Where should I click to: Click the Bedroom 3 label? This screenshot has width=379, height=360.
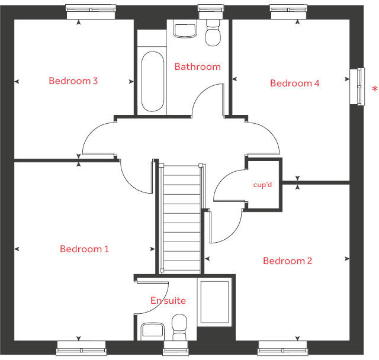[x=73, y=81]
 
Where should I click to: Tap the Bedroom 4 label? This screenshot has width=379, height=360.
[x=295, y=83]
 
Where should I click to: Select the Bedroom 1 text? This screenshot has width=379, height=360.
[x=84, y=249]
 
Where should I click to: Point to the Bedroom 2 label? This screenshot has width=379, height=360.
[x=288, y=261]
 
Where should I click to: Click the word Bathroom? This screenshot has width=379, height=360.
[x=198, y=67]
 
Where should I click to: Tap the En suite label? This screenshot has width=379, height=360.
[x=168, y=301]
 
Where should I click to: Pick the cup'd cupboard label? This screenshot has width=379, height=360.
[x=262, y=185]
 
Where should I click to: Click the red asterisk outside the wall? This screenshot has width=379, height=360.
[x=375, y=89]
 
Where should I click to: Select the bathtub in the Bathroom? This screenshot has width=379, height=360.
[x=153, y=82]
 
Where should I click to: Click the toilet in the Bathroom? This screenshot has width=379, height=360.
[x=213, y=33]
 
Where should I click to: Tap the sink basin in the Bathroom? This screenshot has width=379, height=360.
[x=185, y=30]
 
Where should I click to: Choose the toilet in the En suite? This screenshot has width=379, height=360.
[x=179, y=327]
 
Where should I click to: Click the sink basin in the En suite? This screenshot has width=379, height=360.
[x=153, y=330]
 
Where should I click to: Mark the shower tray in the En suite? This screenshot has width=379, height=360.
[x=214, y=302]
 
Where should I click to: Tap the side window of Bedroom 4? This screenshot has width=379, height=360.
[x=357, y=86]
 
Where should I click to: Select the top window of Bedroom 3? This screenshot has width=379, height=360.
[x=91, y=12]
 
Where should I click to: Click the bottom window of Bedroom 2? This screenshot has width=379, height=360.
[x=282, y=348]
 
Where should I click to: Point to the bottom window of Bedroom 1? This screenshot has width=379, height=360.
[x=81, y=348]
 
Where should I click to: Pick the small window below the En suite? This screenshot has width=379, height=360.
[x=176, y=348]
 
